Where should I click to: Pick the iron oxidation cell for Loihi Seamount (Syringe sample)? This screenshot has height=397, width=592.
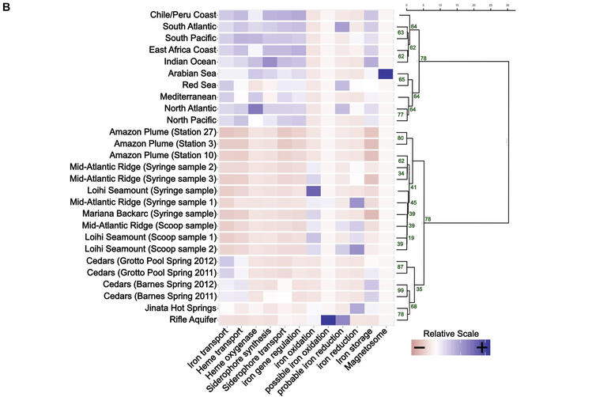pos(313,191)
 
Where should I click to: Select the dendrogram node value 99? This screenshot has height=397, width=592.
pos(401,291)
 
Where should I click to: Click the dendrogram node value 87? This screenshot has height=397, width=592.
pos(401,267)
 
